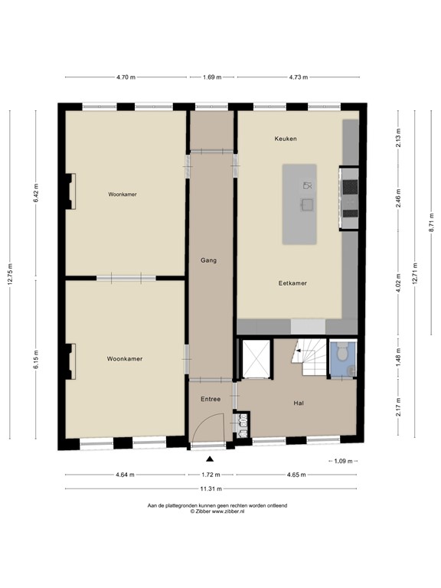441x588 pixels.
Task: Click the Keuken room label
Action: point(286,139)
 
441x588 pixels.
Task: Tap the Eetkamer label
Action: point(292,283)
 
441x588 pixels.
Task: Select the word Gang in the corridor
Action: point(208,260)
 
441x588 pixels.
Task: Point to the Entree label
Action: point(211,399)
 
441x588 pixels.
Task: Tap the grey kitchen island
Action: point(310,204)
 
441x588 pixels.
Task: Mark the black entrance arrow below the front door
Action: point(211,459)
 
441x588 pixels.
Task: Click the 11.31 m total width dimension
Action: point(211,488)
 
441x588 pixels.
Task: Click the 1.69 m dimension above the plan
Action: point(212,77)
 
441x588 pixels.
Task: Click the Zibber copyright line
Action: point(217,511)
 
